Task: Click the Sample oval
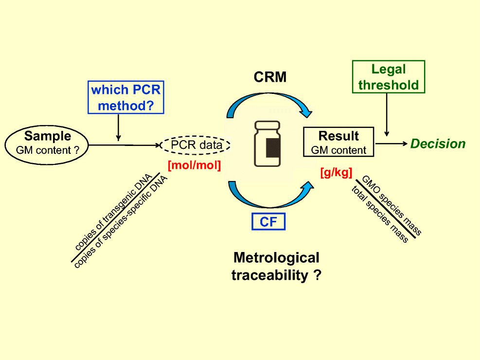(48, 144)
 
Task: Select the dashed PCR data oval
(196, 144)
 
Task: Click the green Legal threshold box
(389, 77)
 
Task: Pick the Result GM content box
(338, 142)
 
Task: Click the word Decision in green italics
(438, 144)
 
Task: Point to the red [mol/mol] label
(194, 165)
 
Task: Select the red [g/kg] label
(336, 172)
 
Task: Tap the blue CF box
(268, 222)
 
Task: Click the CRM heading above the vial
(270, 76)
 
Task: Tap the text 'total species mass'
(379, 214)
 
